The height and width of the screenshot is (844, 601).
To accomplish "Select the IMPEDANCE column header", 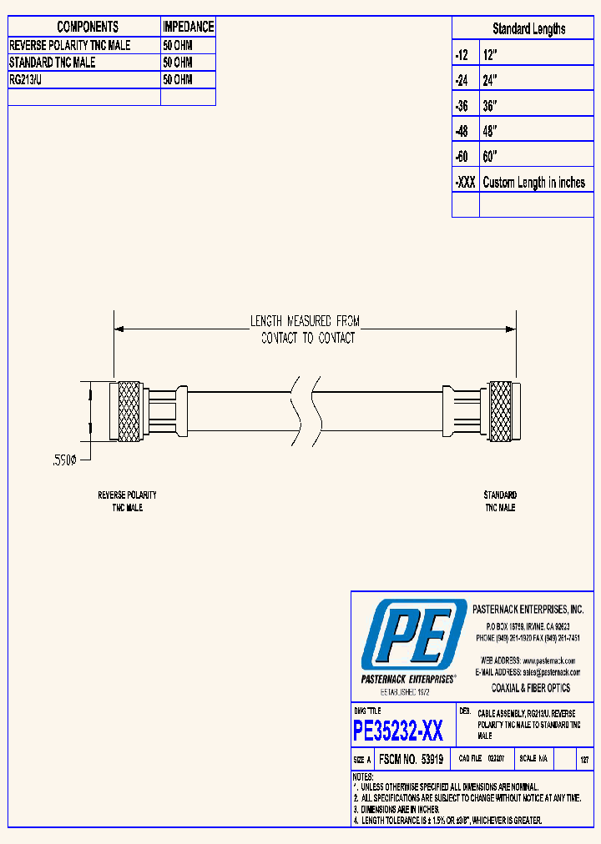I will (x=188, y=27).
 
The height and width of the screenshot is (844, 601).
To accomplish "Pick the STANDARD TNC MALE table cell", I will (x=53, y=63).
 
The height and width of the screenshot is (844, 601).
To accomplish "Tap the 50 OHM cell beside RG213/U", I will (x=178, y=80).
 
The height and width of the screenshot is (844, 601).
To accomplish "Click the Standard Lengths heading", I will (x=528, y=29).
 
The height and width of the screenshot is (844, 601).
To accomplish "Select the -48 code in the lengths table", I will (x=462, y=132).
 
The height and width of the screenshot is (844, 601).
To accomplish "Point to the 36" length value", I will (x=490, y=107).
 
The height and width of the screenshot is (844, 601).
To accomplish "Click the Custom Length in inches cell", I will (x=534, y=183).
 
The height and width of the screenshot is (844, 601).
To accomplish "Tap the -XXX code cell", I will (x=465, y=183).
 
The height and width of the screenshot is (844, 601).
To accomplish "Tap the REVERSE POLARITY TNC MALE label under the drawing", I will (x=127, y=501).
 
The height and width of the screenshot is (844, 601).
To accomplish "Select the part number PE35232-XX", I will (x=398, y=731).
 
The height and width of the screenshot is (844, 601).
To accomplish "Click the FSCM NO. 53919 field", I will (x=410, y=760).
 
